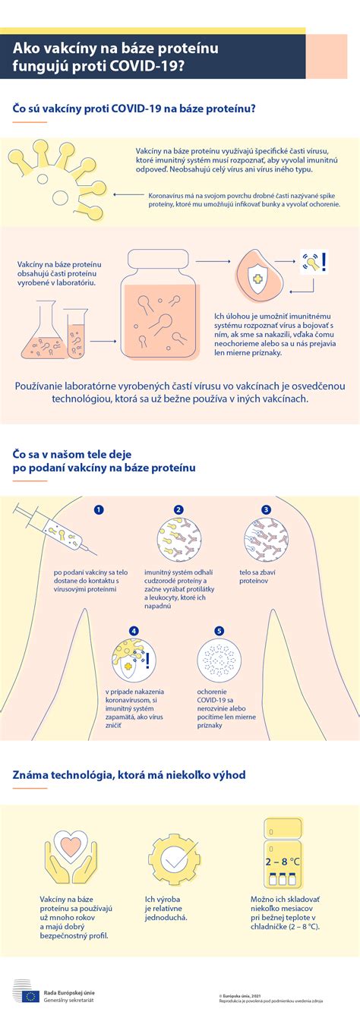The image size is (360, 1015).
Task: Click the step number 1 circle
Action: pos(98,510)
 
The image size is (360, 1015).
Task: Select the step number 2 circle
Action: pos(178,510)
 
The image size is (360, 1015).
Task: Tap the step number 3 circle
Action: pos(266,510)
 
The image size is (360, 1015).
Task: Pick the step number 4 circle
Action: pos(134,631)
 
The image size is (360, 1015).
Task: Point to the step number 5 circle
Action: pos(219,631)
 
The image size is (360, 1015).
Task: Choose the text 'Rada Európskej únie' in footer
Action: pos(69,991)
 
